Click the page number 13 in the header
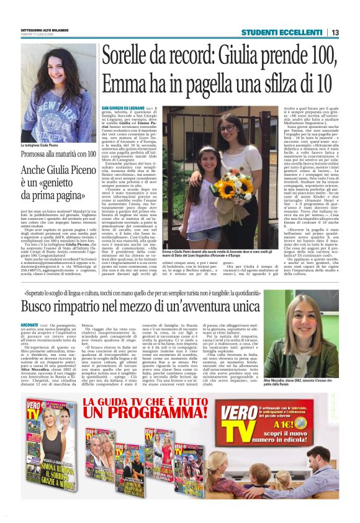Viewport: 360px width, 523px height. click(335, 32)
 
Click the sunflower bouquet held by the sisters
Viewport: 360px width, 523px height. click(230, 187)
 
